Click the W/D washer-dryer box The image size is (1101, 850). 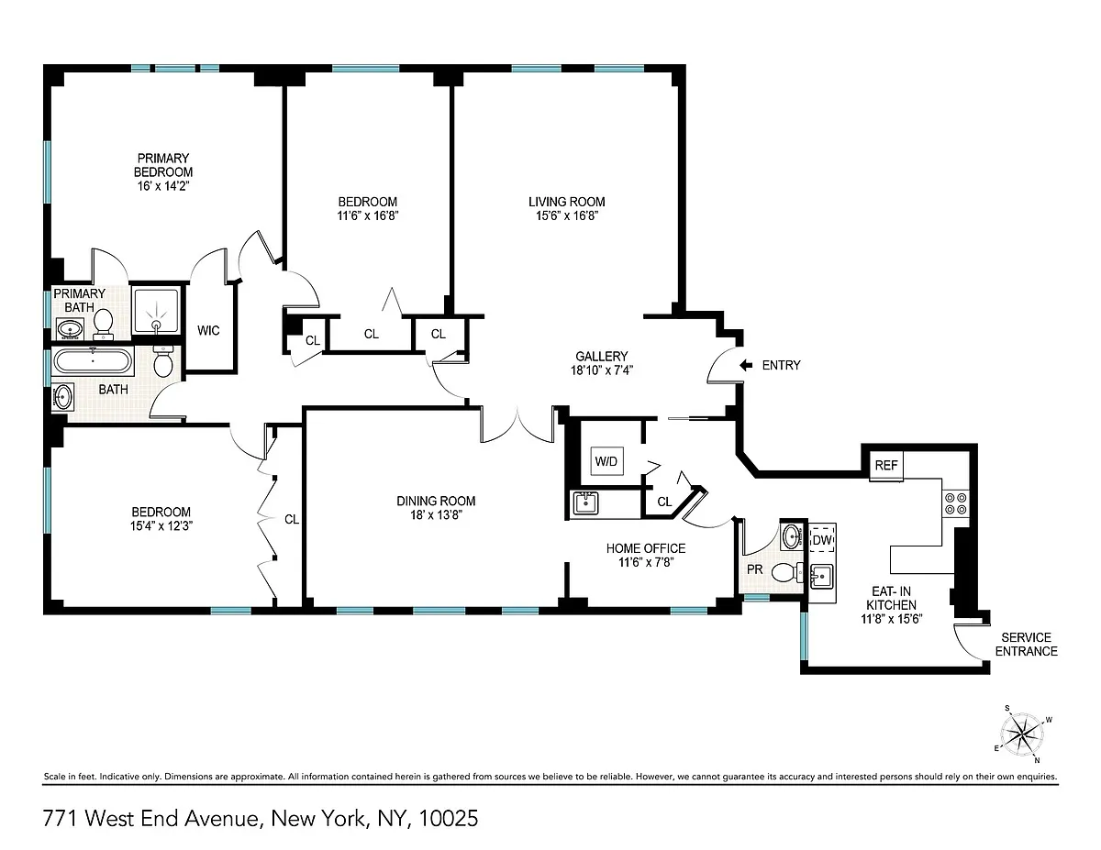point(606,461)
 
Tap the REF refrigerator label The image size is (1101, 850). point(886,465)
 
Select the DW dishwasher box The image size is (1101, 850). point(822,540)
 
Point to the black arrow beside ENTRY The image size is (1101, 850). point(746,365)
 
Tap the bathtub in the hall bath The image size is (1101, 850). point(93,361)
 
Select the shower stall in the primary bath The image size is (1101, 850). point(156,311)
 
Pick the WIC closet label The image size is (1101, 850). point(208,331)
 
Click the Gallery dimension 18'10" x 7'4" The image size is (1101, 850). point(601,370)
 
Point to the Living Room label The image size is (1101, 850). point(566,202)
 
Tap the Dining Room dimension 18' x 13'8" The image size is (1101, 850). point(436,515)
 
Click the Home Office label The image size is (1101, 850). point(646,548)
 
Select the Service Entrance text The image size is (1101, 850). point(1026,645)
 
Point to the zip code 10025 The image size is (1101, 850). point(449,819)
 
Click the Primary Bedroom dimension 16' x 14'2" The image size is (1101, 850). point(162,186)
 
